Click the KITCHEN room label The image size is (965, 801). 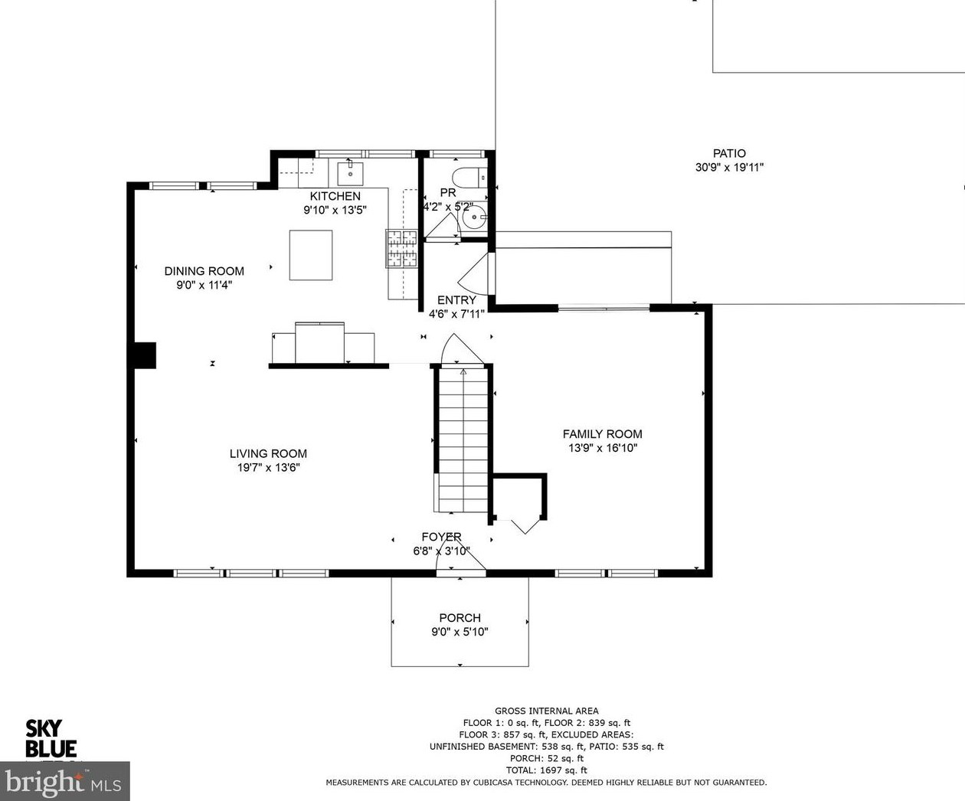click(335, 196)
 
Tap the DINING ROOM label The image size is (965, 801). click(204, 271)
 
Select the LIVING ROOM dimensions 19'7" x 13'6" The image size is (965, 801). click(269, 467)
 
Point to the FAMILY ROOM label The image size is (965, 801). click(602, 434)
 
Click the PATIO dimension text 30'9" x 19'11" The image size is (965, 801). click(729, 167)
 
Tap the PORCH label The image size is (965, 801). click(460, 618)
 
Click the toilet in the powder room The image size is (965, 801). click(469, 178)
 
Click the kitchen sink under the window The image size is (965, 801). click(350, 173)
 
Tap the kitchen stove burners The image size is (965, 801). click(401, 249)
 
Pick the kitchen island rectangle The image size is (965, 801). click(311, 255)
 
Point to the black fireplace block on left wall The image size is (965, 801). click(145, 355)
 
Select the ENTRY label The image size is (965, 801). click(456, 300)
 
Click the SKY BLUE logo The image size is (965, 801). click(51, 739)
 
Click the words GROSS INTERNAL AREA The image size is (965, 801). click(546, 711)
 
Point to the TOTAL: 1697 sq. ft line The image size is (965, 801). click(546, 770)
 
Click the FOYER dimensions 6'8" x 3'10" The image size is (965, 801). click(441, 551)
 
